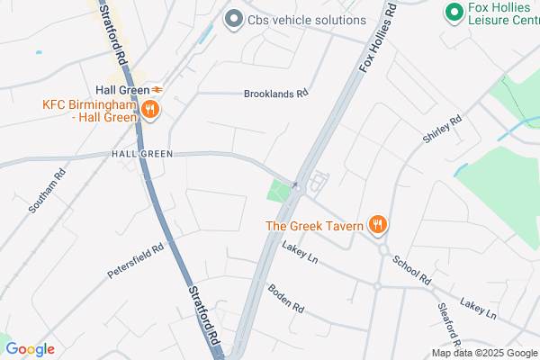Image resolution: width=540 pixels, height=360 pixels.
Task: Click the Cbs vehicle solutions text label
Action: [x=308, y=20]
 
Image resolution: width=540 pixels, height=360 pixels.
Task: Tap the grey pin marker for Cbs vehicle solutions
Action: [x=234, y=19]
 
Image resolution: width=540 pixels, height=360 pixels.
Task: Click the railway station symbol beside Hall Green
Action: [x=157, y=89]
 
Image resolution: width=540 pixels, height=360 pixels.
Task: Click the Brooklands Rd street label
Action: [x=276, y=93]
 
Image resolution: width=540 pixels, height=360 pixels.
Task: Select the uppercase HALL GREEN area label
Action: [x=141, y=154]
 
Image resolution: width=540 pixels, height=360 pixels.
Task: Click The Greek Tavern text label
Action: [x=314, y=225]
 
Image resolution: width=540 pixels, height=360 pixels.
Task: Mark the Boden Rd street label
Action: [x=286, y=298]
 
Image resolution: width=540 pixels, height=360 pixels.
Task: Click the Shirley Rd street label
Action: [x=440, y=130]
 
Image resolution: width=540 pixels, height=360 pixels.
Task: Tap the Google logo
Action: [x=30, y=349]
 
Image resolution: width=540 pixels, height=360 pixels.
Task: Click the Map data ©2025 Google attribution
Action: [x=482, y=353]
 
